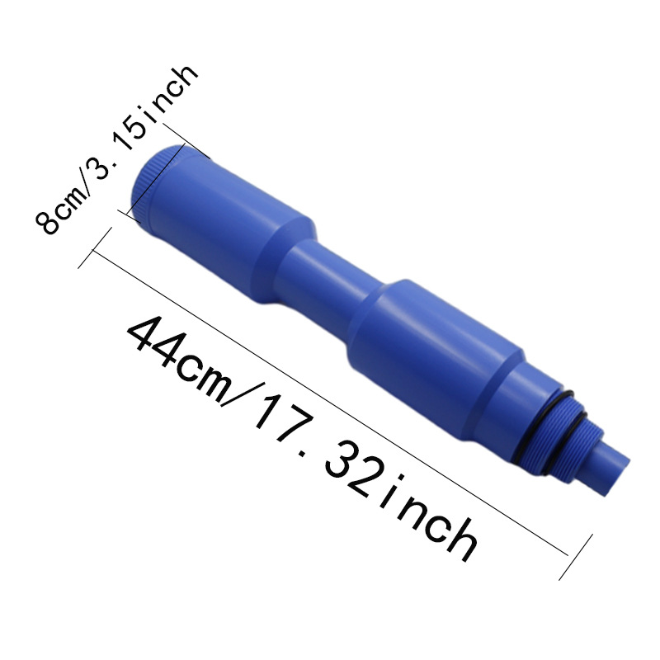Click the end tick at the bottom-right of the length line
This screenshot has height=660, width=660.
click(x=577, y=558)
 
